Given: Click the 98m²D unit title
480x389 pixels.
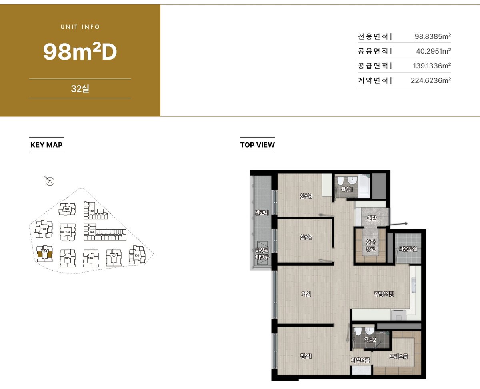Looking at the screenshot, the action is tap(80, 52).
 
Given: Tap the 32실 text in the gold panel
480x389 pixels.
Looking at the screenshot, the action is tap(80, 88).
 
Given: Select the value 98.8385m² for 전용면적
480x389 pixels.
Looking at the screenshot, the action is tap(433, 36).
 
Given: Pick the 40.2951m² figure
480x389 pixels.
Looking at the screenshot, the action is tap(433, 51).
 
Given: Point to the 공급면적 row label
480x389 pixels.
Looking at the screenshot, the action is tap(373, 66).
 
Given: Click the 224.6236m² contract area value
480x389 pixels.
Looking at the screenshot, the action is tap(431, 80).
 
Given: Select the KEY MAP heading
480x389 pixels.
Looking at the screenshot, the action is tap(46, 145).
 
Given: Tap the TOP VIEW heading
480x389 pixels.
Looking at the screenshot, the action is tap(257, 145).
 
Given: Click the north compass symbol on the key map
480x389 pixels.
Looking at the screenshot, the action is tap(50, 181).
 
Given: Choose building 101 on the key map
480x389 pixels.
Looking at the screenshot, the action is tap(67, 209).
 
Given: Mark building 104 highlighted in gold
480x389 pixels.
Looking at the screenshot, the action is tap(45, 253).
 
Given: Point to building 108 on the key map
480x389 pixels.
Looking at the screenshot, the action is tap(137, 255).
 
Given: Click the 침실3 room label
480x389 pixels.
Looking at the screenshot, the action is tap(306, 196).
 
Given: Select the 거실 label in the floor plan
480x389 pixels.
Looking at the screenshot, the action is tap(306, 294).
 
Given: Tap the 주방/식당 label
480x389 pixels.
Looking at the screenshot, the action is tap(384, 294).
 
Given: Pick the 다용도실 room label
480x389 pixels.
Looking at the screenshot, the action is tap(408, 249).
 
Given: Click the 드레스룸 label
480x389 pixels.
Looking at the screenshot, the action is tap(399, 356).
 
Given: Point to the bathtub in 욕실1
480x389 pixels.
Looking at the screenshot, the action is tap(364, 186).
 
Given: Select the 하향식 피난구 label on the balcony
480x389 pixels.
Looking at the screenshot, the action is tap(262, 253).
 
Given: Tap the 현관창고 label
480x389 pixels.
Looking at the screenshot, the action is tap(370, 245).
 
